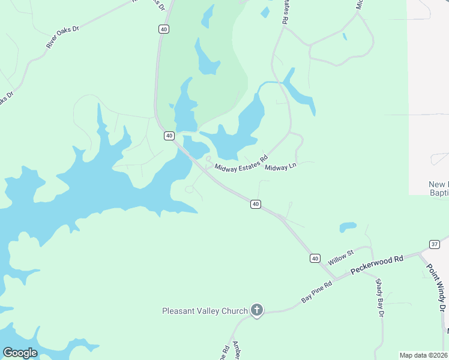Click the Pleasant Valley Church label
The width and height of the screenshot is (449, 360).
[x=205, y=311]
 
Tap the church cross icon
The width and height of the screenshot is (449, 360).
[x=257, y=310]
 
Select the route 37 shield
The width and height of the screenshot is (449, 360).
[x=435, y=244]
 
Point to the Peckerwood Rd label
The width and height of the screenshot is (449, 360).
[x=376, y=265]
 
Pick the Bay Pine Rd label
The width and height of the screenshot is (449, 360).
[x=317, y=291]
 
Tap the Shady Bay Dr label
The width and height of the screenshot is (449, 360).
[x=379, y=298]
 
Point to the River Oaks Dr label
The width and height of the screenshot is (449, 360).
[x=62, y=37]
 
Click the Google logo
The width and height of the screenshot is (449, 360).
[x=20, y=352]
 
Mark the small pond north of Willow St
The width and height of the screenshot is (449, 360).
[x=348, y=227]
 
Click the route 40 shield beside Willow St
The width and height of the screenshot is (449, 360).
[x=315, y=258]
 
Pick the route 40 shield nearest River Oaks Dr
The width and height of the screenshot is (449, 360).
[x=164, y=29]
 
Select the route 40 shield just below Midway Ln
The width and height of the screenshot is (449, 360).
[x=256, y=205]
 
